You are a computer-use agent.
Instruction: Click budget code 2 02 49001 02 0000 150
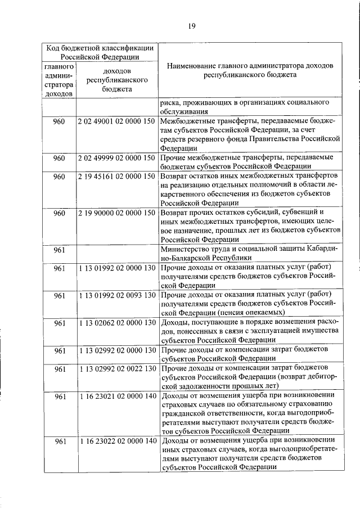116,122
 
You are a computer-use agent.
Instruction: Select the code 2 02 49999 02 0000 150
116,157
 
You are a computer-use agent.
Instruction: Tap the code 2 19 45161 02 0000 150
116,177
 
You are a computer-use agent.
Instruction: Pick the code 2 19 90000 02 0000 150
116,213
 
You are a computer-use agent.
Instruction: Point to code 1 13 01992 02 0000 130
116,268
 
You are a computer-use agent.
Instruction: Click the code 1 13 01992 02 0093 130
116,295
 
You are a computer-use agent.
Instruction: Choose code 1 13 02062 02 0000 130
116,322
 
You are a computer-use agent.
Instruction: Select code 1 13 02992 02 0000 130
116,350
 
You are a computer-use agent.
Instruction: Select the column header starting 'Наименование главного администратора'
250,70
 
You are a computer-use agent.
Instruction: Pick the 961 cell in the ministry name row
60,250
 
